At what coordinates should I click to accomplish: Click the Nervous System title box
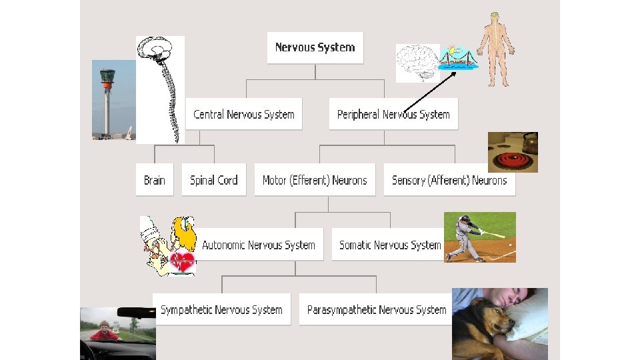315,47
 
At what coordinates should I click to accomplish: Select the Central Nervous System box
243,114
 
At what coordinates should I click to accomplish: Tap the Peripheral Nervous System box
393,114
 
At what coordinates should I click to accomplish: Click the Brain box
154,180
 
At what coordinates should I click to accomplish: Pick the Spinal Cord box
213,180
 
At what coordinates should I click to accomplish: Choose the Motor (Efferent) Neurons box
315,180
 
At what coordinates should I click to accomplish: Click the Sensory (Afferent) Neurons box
449,180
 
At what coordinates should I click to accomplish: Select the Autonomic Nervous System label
259,245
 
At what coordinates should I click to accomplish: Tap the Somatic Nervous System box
390,245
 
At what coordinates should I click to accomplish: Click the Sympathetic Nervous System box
221,309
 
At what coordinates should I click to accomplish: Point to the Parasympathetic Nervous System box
376,309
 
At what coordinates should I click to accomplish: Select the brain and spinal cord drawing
160,89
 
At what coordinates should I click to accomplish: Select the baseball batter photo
479,237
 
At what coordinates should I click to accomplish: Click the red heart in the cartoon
183,261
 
